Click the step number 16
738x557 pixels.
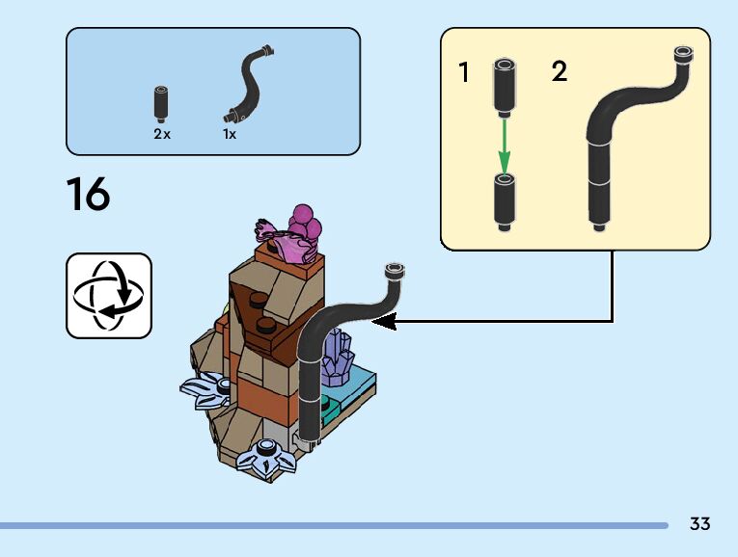[x=89, y=194]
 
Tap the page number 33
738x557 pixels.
[x=699, y=524]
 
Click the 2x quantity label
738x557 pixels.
[x=161, y=135]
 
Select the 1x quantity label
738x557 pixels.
[x=230, y=135]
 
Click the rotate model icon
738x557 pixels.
[x=109, y=295]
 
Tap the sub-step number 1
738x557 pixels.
[x=464, y=72]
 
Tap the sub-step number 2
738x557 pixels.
[x=559, y=72]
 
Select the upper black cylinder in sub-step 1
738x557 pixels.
[x=504, y=85]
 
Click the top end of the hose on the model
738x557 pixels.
[x=394, y=271]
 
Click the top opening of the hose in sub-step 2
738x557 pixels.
[x=683, y=54]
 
